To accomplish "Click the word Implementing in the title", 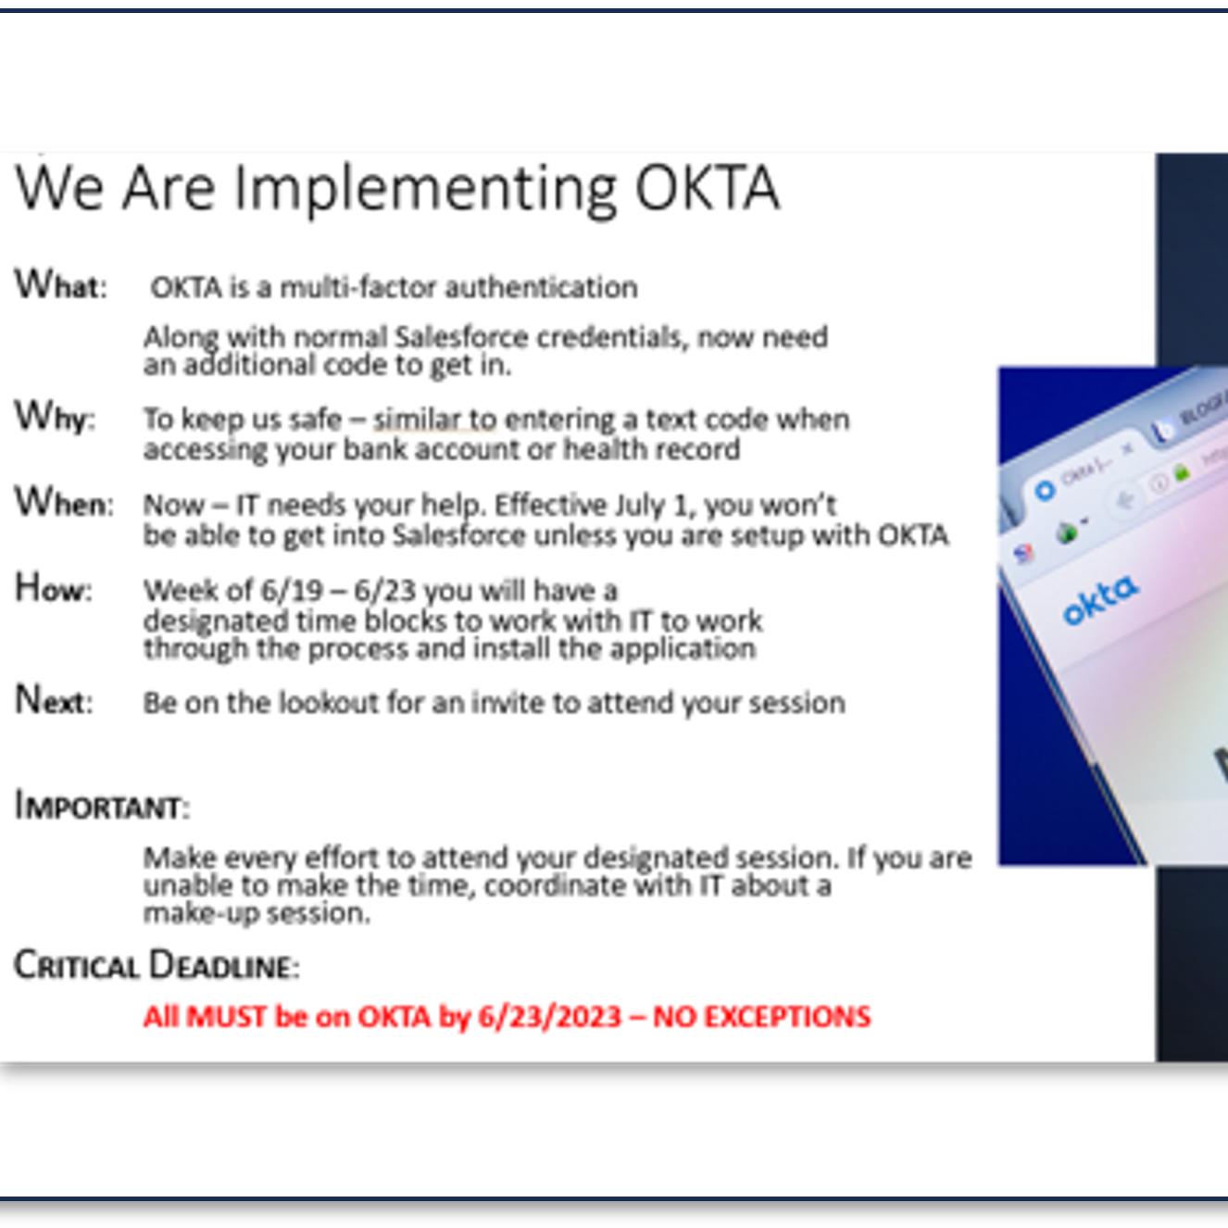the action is coord(426,190).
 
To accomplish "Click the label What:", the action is coord(61,285).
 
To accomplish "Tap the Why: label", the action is coord(55,417).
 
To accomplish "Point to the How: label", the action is coord(54,587).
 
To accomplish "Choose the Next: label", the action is coord(54,700).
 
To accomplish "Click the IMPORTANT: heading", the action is coord(102,806).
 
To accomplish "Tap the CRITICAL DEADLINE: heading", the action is coord(157,965).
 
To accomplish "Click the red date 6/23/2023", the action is coord(549,1017).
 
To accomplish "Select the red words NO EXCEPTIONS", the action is coord(761,1017).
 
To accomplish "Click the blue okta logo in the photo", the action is coord(1100,599).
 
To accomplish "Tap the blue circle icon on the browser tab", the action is coord(1045,491).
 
